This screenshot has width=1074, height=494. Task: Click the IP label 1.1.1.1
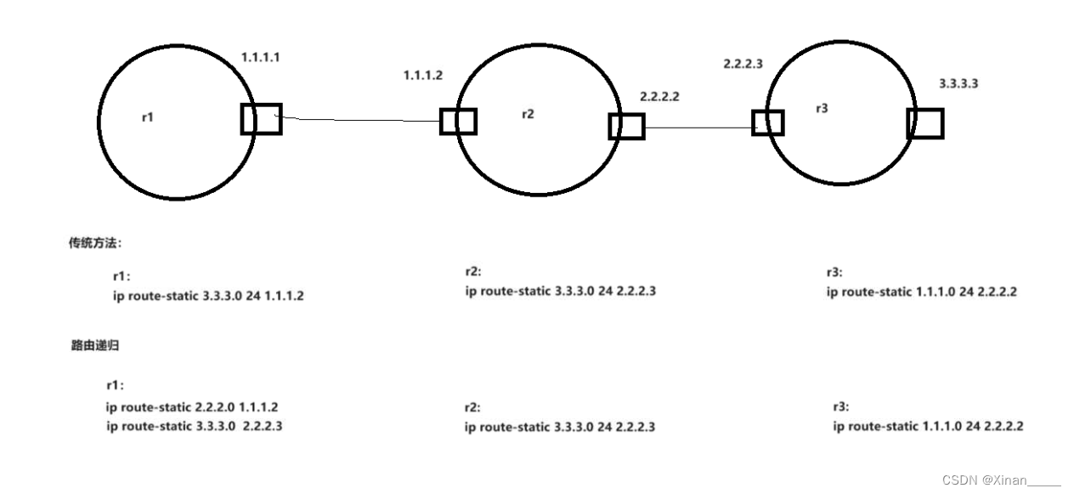(x=261, y=58)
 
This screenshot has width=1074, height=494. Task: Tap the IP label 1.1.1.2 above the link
(x=422, y=76)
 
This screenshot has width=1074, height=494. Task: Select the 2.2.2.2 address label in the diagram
(x=659, y=97)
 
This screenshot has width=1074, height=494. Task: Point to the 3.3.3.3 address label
(x=958, y=84)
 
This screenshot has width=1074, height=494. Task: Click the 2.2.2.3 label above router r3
(x=743, y=64)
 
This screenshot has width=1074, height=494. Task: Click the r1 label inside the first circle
(x=147, y=117)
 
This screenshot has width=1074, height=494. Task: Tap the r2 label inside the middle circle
(x=528, y=114)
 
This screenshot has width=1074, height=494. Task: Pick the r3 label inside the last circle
(x=821, y=109)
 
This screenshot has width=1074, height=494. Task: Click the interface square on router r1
(x=261, y=119)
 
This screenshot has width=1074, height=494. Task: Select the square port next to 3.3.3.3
(x=924, y=123)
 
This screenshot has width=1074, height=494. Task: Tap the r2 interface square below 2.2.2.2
(x=626, y=127)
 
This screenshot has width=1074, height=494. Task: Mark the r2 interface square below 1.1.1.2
(x=458, y=122)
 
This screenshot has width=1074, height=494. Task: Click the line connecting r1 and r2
(x=361, y=120)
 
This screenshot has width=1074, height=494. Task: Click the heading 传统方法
(x=95, y=243)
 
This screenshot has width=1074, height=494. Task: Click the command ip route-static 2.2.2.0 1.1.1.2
(x=191, y=407)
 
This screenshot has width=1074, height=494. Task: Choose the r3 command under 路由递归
(x=928, y=426)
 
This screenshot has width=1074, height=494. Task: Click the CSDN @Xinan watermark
(x=1001, y=480)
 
